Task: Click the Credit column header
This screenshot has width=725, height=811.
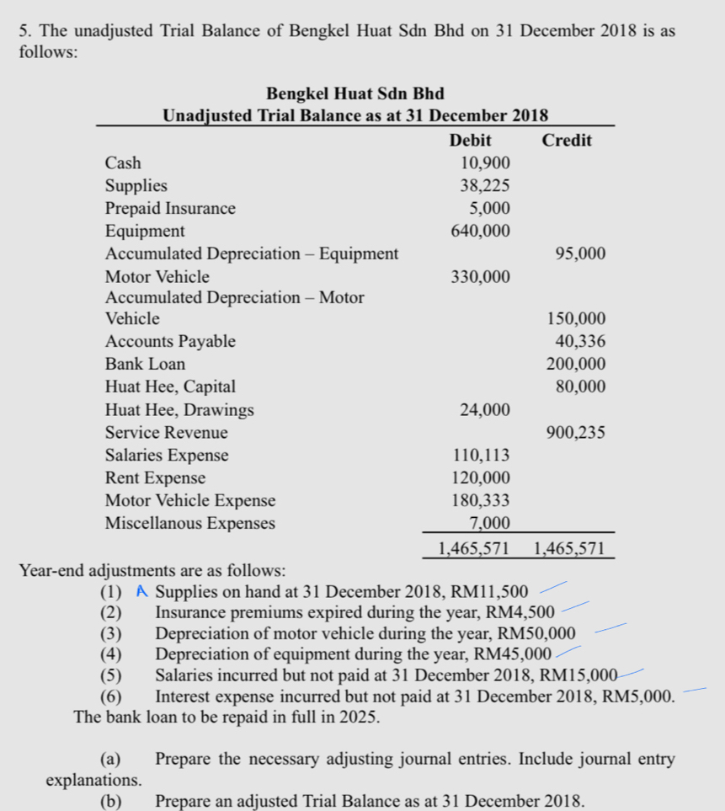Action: click(567, 140)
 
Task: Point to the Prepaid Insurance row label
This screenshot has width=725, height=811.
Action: click(170, 208)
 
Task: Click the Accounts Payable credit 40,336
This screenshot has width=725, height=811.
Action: click(580, 342)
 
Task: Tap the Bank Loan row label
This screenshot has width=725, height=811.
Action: click(145, 365)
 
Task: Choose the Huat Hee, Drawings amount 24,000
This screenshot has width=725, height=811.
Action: click(484, 410)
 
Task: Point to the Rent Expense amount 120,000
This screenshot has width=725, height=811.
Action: click(479, 478)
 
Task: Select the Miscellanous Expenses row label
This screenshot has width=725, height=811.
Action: click(189, 523)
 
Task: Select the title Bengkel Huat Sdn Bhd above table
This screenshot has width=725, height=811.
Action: click(355, 93)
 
